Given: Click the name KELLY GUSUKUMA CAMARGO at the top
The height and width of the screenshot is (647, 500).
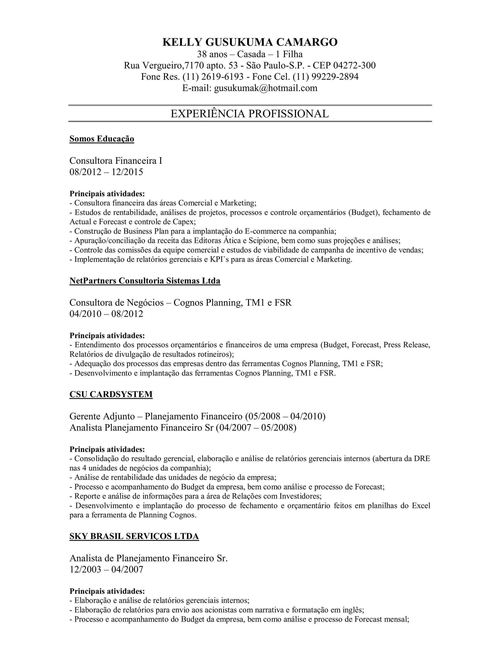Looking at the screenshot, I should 250,42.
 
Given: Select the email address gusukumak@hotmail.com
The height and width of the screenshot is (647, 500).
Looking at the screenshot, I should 265,88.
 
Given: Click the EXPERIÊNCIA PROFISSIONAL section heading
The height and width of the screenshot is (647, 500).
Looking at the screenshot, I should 250,114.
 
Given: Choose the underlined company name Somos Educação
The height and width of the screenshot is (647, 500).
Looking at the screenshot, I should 102,139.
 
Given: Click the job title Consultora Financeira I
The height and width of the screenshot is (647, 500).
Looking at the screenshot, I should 115,161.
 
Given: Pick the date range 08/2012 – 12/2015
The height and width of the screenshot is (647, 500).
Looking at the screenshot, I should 106,172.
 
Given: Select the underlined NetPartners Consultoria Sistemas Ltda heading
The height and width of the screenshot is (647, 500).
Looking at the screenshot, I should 145,281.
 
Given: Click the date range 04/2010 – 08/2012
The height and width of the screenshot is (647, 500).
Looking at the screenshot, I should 106,314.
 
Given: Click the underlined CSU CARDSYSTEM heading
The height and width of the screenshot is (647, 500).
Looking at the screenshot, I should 111,394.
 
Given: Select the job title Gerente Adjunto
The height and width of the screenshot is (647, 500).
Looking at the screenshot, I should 102,416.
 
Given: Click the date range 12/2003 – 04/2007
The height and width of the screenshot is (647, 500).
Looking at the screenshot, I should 106,569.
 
